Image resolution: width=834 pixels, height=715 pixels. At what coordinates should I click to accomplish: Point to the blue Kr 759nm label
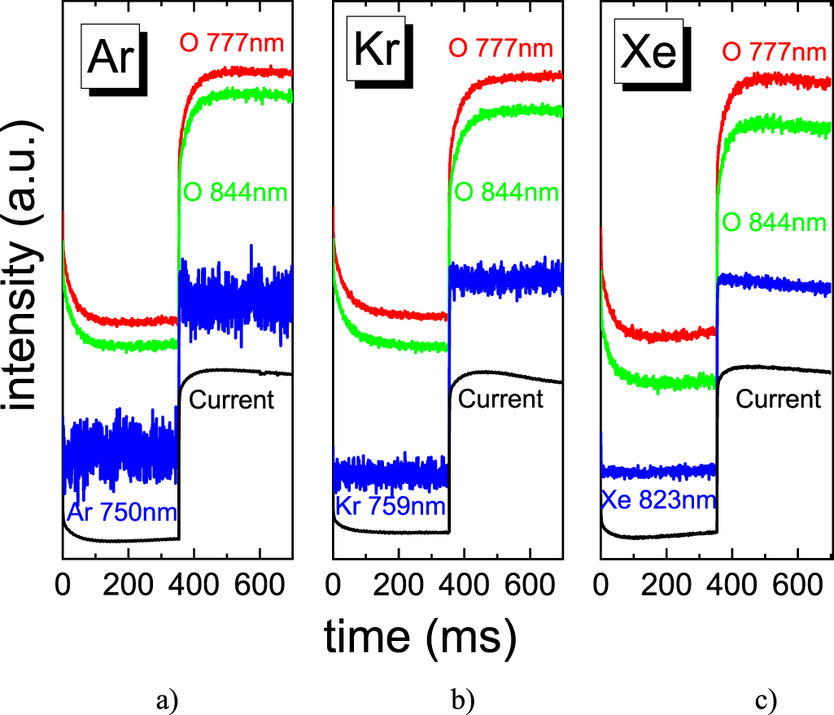pyautogui.click(x=391, y=507)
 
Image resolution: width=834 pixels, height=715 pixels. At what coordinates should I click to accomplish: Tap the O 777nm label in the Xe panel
pyautogui.click(x=774, y=52)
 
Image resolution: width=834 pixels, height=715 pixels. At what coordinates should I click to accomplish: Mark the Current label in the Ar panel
pyautogui.click(x=231, y=399)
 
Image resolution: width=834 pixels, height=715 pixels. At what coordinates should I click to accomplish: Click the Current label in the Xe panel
pyautogui.click(x=779, y=399)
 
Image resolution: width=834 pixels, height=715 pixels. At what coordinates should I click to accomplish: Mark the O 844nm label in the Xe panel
pyautogui.click(x=774, y=221)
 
